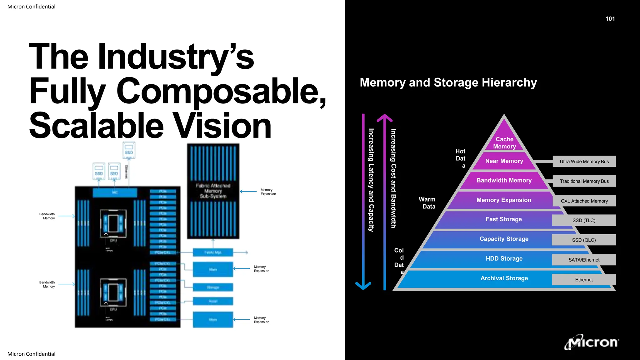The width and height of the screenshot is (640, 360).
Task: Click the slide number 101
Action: point(610,19)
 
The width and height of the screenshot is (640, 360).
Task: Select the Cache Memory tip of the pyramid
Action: point(504,142)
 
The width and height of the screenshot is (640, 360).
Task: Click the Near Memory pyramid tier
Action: point(504,161)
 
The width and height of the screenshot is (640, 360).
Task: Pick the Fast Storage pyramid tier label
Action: point(503,219)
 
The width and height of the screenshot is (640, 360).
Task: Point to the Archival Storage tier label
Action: point(504,278)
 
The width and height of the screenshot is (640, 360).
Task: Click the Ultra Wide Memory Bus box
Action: point(584,162)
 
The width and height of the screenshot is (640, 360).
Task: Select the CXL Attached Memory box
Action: point(584,201)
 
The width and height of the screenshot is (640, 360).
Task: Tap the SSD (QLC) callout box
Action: point(584,240)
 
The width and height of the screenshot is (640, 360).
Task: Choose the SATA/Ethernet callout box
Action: point(584,260)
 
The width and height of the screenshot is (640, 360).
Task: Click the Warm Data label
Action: point(427,203)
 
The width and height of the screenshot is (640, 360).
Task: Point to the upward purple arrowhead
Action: point(384,118)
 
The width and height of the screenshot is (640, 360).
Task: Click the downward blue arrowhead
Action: point(363,286)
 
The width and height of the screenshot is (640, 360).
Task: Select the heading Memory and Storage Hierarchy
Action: point(448,82)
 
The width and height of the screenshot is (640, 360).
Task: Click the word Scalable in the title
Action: point(96,126)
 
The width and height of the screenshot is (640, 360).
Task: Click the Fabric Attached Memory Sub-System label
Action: point(213,191)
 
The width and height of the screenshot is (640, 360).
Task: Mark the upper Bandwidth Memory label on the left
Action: point(47,216)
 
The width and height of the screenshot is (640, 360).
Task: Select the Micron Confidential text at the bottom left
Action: point(31,354)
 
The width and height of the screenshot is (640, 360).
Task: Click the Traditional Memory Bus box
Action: point(584,181)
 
